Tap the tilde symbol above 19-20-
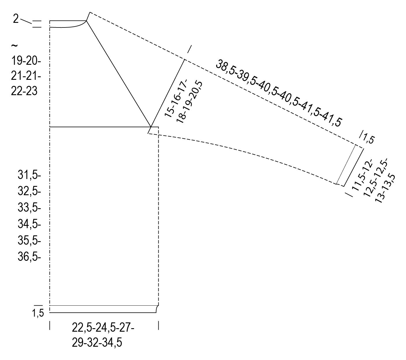14,46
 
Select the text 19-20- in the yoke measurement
26,61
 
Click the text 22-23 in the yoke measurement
24,91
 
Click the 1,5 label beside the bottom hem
38,313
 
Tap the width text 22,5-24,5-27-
103,329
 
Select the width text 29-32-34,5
97,343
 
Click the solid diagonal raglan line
118,73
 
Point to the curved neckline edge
69,27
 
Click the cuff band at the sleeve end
350,166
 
